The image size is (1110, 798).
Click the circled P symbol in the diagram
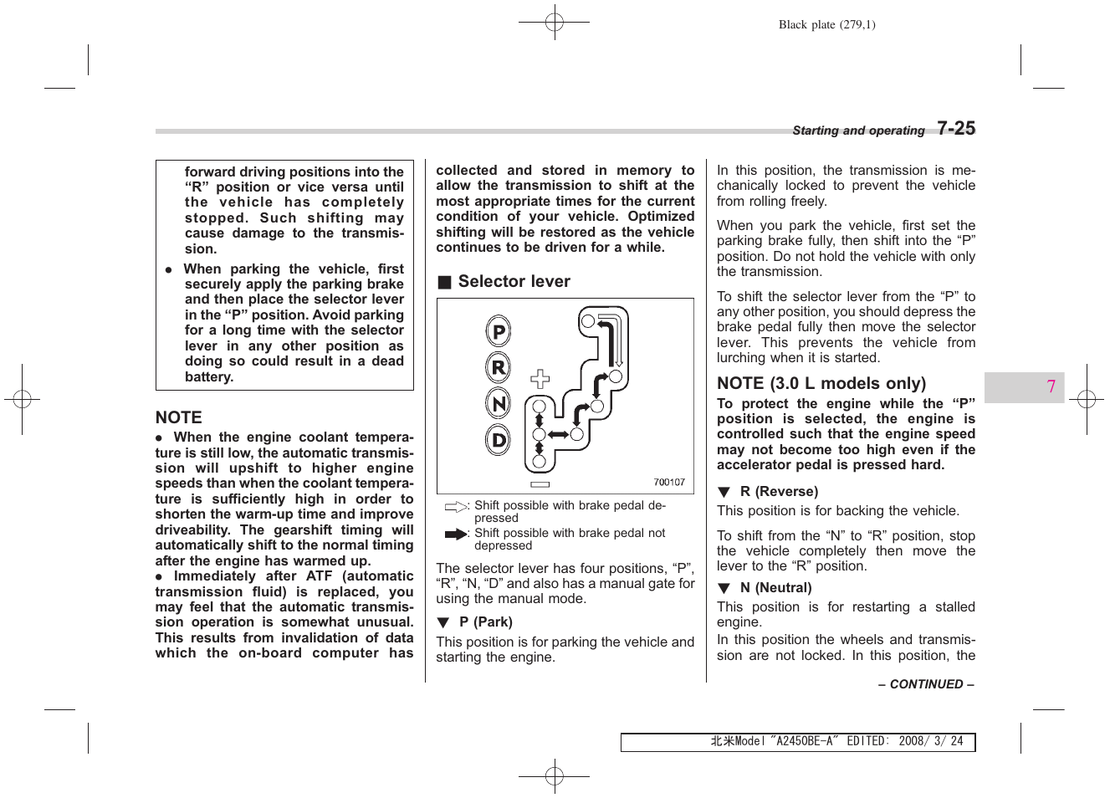coord(499,332)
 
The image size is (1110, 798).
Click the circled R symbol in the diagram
coord(499,367)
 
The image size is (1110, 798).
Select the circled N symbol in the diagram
coord(499,404)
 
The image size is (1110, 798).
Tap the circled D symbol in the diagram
coord(499,440)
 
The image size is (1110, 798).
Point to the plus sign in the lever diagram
coord(540,379)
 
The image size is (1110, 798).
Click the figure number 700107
coord(668,482)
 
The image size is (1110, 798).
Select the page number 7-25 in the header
coord(955,129)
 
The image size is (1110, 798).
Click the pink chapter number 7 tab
coord(1051,386)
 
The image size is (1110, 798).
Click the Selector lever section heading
coord(514,282)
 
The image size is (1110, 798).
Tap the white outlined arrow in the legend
coord(456,507)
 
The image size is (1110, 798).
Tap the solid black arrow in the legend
coord(456,534)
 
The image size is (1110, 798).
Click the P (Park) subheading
coord(485,622)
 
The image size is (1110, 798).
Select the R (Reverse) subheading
coord(778,492)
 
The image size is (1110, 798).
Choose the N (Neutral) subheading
coord(775,588)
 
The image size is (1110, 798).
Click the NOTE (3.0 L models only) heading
coord(821,384)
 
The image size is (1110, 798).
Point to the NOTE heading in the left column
coord(178,417)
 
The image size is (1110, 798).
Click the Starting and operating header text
coord(857,130)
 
